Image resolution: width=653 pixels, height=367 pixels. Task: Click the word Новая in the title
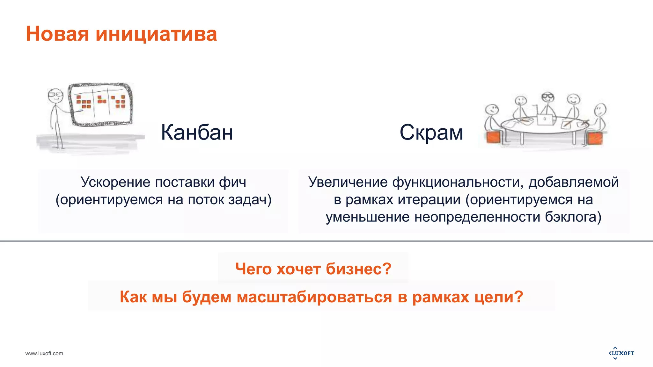[57, 34]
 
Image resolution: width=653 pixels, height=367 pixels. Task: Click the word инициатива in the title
[156, 34]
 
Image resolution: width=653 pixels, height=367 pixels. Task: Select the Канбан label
[197, 132]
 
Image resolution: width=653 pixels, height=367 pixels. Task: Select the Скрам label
[431, 132]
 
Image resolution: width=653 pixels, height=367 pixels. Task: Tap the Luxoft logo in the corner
[621, 353]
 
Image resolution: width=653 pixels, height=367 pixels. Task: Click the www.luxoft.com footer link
[44, 353]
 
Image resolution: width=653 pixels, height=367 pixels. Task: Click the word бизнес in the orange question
[354, 269]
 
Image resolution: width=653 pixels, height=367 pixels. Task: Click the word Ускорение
[115, 182]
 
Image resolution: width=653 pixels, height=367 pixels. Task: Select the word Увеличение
[348, 182]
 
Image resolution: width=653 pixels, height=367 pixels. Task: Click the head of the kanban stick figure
[55, 95]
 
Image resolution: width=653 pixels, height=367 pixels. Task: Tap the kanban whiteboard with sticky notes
[101, 104]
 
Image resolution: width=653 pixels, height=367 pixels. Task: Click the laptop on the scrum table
[544, 119]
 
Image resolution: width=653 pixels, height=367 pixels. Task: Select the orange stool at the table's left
[493, 137]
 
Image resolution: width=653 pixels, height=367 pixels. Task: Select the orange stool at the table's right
[595, 138]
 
